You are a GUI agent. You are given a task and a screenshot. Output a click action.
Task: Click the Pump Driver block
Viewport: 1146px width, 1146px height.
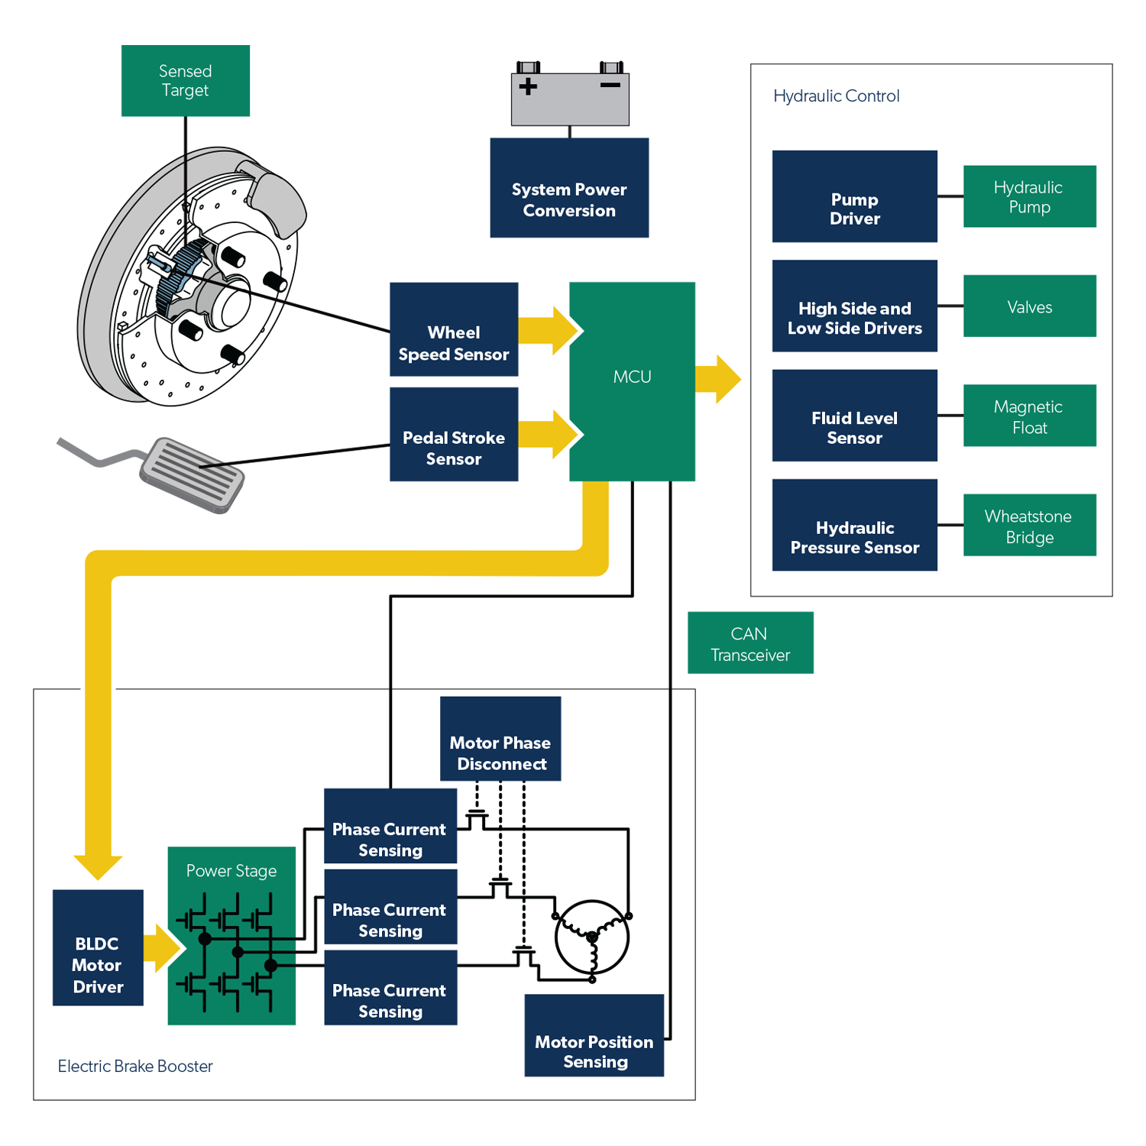pos(854,196)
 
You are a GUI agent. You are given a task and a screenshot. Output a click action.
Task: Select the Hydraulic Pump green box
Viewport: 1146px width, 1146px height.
pos(1029,196)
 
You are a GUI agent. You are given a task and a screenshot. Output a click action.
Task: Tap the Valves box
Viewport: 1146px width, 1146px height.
pos(1029,306)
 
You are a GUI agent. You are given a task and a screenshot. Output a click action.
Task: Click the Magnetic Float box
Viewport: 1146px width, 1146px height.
pos(1029,416)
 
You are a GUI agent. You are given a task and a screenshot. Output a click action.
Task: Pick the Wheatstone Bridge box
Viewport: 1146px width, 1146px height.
pos(1029,526)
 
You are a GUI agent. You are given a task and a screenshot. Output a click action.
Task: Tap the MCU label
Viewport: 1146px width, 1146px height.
pos(632,377)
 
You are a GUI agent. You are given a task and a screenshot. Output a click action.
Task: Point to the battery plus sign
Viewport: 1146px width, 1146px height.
pos(528,86)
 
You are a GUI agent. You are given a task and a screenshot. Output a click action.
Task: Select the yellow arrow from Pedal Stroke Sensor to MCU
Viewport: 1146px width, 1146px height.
pos(550,434)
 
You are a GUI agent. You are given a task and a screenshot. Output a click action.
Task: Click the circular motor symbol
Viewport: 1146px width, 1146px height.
pos(592,937)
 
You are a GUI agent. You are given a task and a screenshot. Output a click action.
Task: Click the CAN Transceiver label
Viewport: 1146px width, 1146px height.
pos(749,645)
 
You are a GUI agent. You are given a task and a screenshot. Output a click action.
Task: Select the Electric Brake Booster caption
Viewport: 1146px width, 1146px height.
pos(135,1067)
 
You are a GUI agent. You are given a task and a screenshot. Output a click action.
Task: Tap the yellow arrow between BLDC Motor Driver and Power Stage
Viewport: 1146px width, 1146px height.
pos(163,948)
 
